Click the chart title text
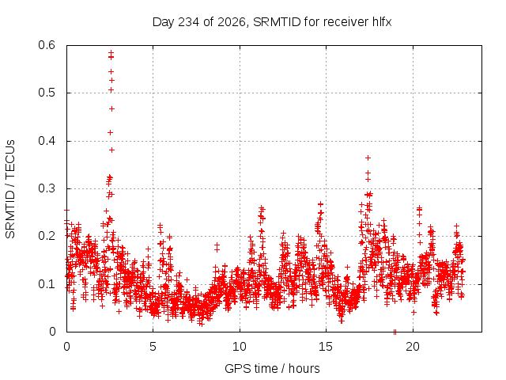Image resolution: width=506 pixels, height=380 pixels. (272, 22)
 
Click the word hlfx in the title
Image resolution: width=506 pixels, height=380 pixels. (382, 22)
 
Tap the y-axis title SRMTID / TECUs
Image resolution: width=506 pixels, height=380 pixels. (10, 189)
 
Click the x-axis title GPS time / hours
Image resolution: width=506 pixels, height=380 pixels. (272, 368)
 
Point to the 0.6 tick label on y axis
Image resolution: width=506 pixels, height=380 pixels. (47, 45)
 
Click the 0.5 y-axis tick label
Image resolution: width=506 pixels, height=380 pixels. (47, 93)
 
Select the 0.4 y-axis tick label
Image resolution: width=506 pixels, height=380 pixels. (47, 141)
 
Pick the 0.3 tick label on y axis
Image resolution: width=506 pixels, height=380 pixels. (47, 188)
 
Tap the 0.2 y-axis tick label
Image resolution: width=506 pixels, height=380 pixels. (47, 236)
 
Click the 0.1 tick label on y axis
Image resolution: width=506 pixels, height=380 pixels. (47, 284)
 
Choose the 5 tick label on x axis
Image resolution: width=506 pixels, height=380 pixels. (153, 347)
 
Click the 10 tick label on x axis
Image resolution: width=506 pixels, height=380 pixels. (239, 347)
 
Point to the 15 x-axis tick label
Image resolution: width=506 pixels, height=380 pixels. (326, 347)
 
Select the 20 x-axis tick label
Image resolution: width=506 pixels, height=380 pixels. (413, 347)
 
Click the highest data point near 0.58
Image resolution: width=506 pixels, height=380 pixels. (111, 52)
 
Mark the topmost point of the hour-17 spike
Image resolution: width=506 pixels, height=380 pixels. (368, 158)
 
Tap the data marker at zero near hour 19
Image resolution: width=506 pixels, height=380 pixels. (395, 332)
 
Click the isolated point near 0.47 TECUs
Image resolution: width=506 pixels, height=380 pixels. (111, 109)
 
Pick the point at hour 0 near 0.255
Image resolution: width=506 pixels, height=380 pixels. (66, 211)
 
